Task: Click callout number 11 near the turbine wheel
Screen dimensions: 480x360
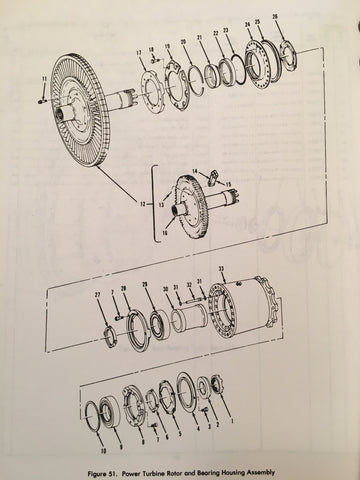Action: [x=43, y=78]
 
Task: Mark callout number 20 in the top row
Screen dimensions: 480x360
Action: [x=183, y=42]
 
